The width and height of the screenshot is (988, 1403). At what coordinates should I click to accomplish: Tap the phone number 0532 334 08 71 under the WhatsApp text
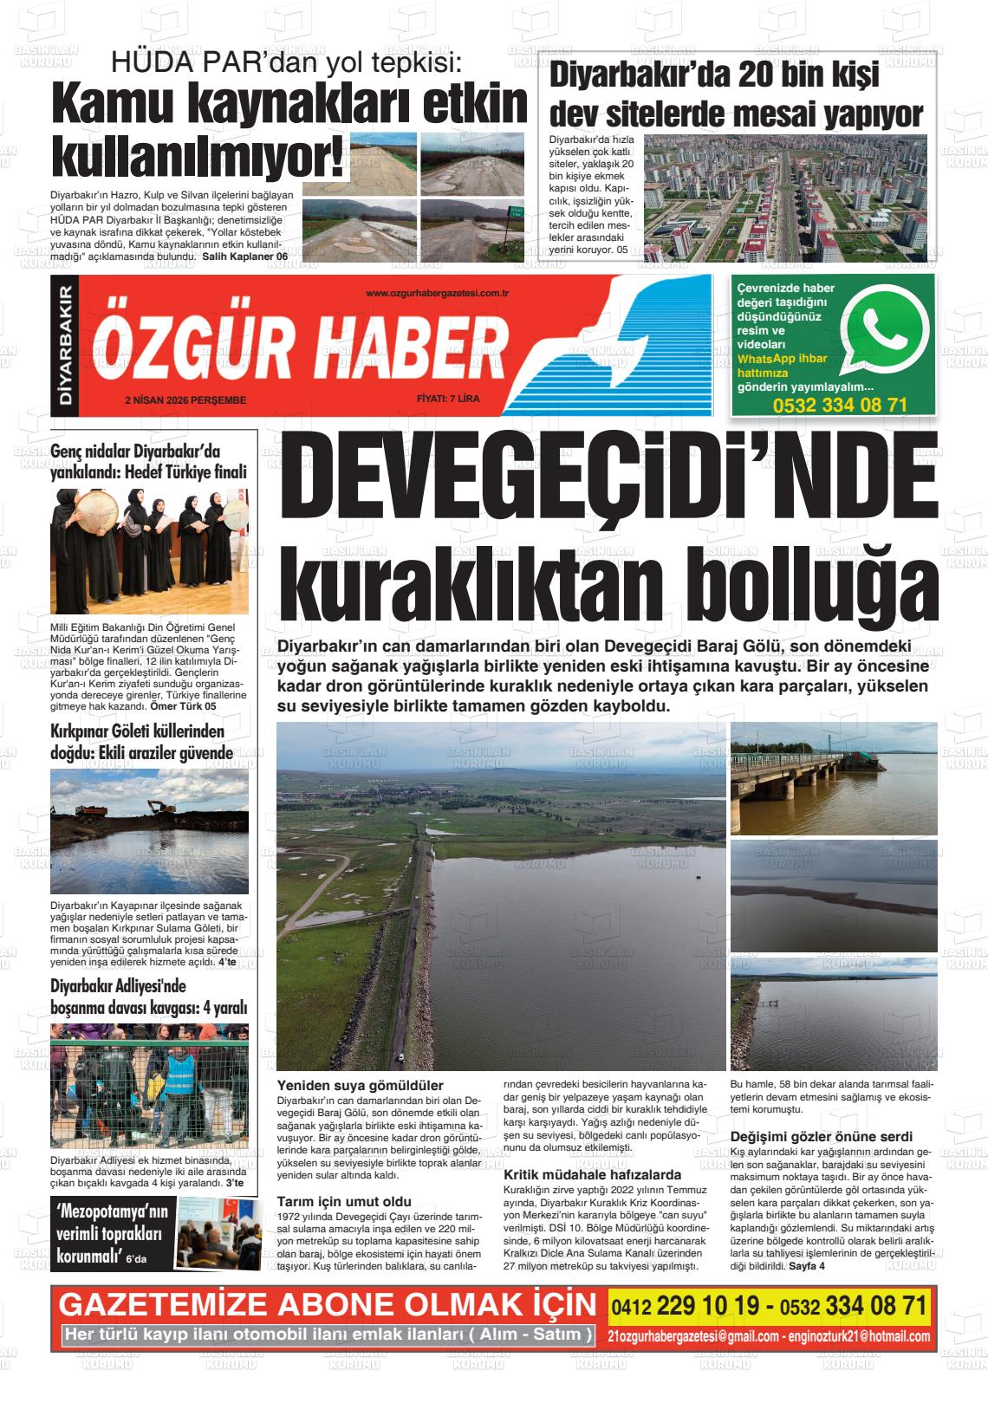[x=839, y=405]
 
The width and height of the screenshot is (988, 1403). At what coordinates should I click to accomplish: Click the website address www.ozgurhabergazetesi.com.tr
[x=436, y=295]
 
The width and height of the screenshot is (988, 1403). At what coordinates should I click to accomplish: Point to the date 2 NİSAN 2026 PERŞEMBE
[x=185, y=400]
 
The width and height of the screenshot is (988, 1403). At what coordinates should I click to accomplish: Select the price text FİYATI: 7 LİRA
[x=447, y=399]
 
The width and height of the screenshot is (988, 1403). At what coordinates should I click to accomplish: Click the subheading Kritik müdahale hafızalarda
[x=592, y=1175]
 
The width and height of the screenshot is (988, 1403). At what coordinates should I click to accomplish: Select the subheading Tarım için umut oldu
[x=344, y=1201]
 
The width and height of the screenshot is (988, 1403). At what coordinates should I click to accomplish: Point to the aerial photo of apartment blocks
[x=791, y=198]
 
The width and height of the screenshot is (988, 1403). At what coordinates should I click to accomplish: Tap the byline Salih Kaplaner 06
[x=244, y=257]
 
